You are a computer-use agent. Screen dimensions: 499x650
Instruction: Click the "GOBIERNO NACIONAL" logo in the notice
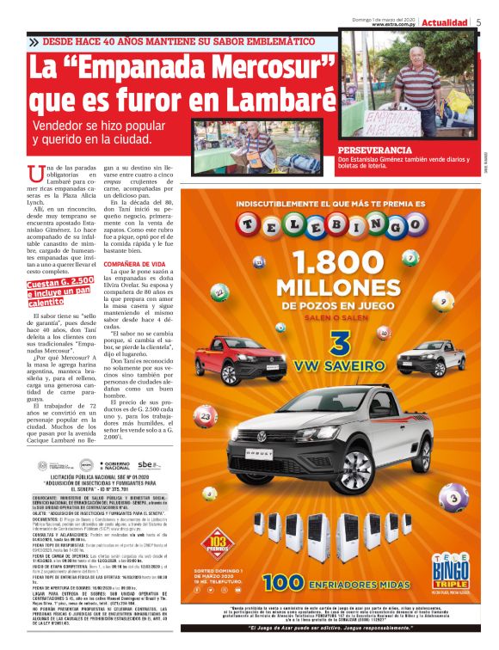coord(113,465)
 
